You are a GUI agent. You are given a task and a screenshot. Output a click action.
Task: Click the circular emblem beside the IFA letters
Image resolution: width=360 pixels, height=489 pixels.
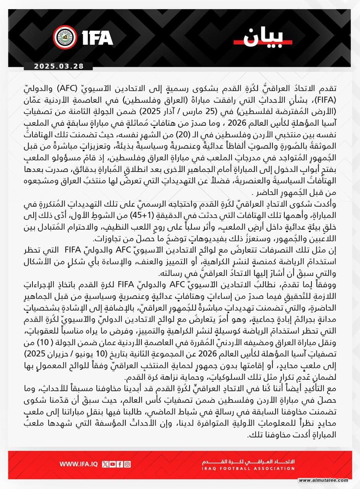tap(65, 37)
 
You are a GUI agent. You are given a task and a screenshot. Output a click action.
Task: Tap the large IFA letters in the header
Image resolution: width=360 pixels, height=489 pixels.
tap(97, 38)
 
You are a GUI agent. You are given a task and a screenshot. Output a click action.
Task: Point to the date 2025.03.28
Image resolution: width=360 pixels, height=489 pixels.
tap(58, 66)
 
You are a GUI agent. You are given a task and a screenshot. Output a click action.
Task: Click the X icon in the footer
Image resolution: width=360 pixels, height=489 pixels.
tap(105, 464)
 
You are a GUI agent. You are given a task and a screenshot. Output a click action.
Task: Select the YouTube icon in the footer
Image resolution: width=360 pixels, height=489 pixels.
tap(112, 464)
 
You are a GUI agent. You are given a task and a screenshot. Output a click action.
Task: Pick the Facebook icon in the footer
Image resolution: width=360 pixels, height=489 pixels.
tap(120, 464)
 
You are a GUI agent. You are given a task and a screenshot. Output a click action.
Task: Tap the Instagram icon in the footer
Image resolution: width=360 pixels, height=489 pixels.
tap(127, 464)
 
